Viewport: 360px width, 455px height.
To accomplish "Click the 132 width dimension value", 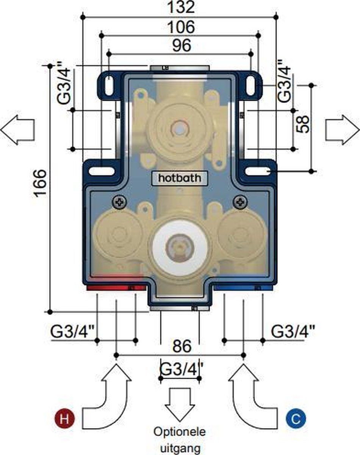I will coord(180,7).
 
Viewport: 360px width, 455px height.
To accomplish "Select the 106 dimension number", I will coord(180,27).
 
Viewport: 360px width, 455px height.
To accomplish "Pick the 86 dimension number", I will coord(180,346).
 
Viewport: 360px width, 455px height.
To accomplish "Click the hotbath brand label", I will coord(180,178).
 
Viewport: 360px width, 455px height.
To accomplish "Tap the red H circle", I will coord(65,419).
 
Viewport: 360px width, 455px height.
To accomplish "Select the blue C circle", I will coord(296,419).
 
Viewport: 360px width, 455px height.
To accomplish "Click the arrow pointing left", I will coord(17,129).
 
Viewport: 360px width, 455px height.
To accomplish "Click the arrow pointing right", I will coord(343,129).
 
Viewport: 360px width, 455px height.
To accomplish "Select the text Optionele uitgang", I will coord(180,440).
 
